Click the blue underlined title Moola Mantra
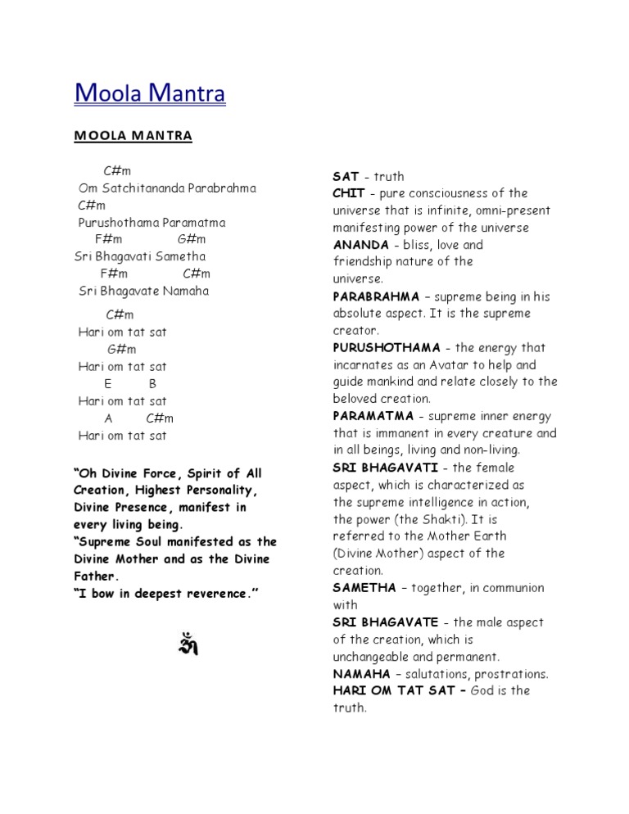(x=150, y=93)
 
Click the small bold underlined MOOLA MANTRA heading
(x=133, y=136)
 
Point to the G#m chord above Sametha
(x=192, y=239)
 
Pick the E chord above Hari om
(x=108, y=384)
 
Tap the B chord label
(x=153, y=384)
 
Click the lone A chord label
(x=108, y=418)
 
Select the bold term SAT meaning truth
(x=346, y=177)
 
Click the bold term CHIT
(x=349, y=194)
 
